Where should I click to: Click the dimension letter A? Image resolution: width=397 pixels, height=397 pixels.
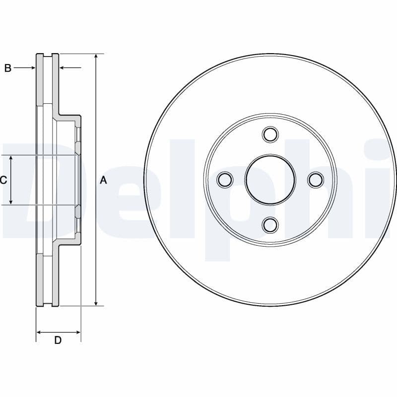point(103,180)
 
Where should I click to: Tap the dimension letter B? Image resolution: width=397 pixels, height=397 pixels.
point(7,68)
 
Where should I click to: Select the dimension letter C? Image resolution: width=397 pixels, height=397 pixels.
point(3,180)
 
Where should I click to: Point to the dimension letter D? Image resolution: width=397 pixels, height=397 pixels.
point(58,340)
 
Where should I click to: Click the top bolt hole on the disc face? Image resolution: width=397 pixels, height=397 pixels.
point(270,134)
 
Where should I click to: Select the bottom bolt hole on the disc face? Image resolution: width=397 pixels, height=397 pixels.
point(270,225)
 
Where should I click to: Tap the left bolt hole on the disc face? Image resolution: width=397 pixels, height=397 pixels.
point(225,180)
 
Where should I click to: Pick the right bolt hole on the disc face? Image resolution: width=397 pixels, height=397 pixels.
point(316,180)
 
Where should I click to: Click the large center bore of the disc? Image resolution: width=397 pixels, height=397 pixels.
point(270,180)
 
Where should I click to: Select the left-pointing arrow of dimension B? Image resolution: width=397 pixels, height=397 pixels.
point(63,68)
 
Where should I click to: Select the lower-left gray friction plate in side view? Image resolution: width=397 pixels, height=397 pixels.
point(40,280)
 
